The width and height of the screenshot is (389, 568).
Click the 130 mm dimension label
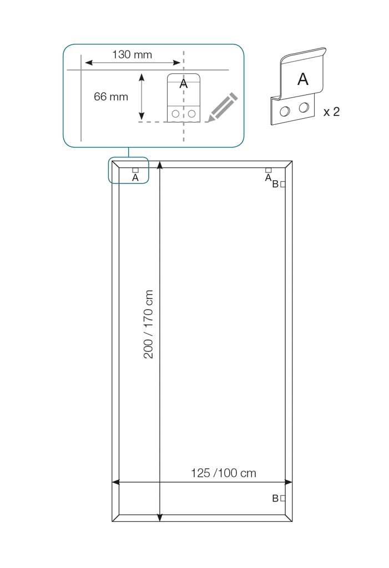(x=132, y=54)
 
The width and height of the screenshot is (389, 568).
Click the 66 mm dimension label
(x=111, y=97)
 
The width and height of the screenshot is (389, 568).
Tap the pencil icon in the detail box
(x=223, y=107)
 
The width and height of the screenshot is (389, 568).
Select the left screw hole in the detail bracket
(x=175, y=114)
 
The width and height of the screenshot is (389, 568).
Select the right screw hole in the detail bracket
(x=192, y=114)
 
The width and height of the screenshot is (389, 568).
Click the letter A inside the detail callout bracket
(x=184, y=84)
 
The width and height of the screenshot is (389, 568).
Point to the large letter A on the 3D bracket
(x=302, y=79)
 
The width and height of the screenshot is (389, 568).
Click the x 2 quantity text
(x=331, y=112)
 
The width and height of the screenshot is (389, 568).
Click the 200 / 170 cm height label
(x=149, y=324)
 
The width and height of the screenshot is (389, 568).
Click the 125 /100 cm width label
(x=224, y=473)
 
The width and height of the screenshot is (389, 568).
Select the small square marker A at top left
(x=135, y=170)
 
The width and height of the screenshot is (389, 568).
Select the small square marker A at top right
(x=268, y=170)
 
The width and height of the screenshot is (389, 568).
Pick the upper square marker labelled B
(x=283, y=184)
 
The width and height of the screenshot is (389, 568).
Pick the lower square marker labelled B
(x=283, y=498)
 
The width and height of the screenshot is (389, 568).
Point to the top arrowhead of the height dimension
(x=160, y=165)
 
